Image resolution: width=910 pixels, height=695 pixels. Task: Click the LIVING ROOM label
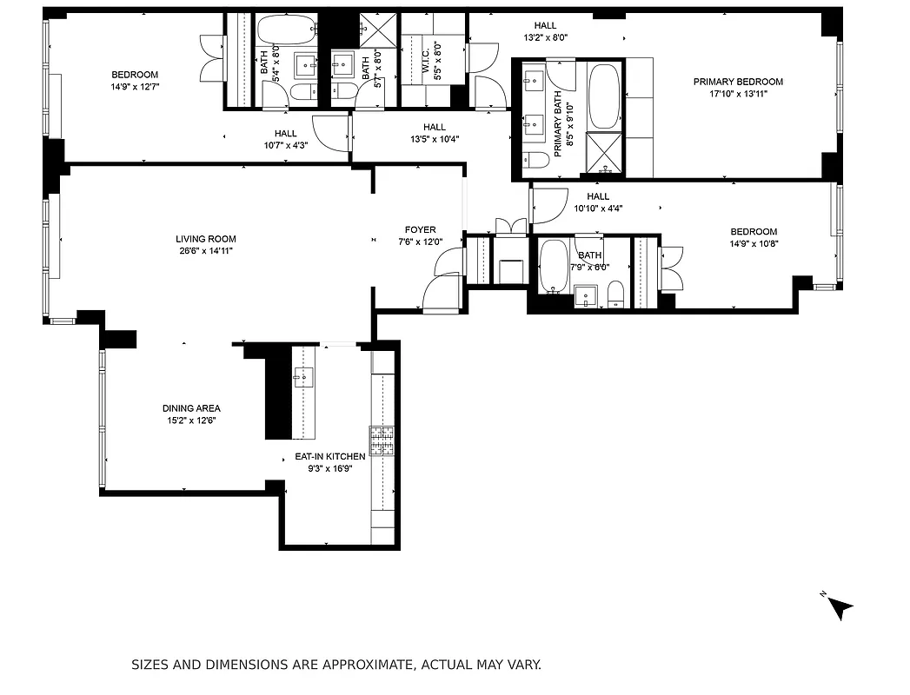(x=205, y=239)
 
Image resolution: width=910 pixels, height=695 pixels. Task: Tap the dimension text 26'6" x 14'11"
(x=205, y=251)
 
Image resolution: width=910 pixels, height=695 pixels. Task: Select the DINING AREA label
(x=191, y=408)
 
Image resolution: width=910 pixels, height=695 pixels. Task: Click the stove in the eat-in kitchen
(x=382, y=441)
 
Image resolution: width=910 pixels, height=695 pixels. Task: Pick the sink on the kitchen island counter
(x=303, y=377)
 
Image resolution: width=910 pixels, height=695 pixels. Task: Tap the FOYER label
(x=421, y=230)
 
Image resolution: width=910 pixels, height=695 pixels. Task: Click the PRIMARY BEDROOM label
(x=737, y=82)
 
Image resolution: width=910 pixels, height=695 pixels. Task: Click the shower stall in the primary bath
(x=605, y=154)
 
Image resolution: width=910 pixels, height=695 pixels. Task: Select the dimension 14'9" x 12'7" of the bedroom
(x=135, y=86)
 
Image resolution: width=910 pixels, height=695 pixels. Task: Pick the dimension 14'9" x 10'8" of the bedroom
(x=753, y=243)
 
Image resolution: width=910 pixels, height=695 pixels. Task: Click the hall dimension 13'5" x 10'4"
(x=435, y=138)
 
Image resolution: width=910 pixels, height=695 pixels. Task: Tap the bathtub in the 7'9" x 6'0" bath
(x=552, y=267)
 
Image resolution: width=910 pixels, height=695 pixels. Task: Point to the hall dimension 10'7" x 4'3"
(x=286, y=145)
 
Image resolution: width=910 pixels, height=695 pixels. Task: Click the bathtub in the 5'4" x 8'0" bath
(x=279, y=32)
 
